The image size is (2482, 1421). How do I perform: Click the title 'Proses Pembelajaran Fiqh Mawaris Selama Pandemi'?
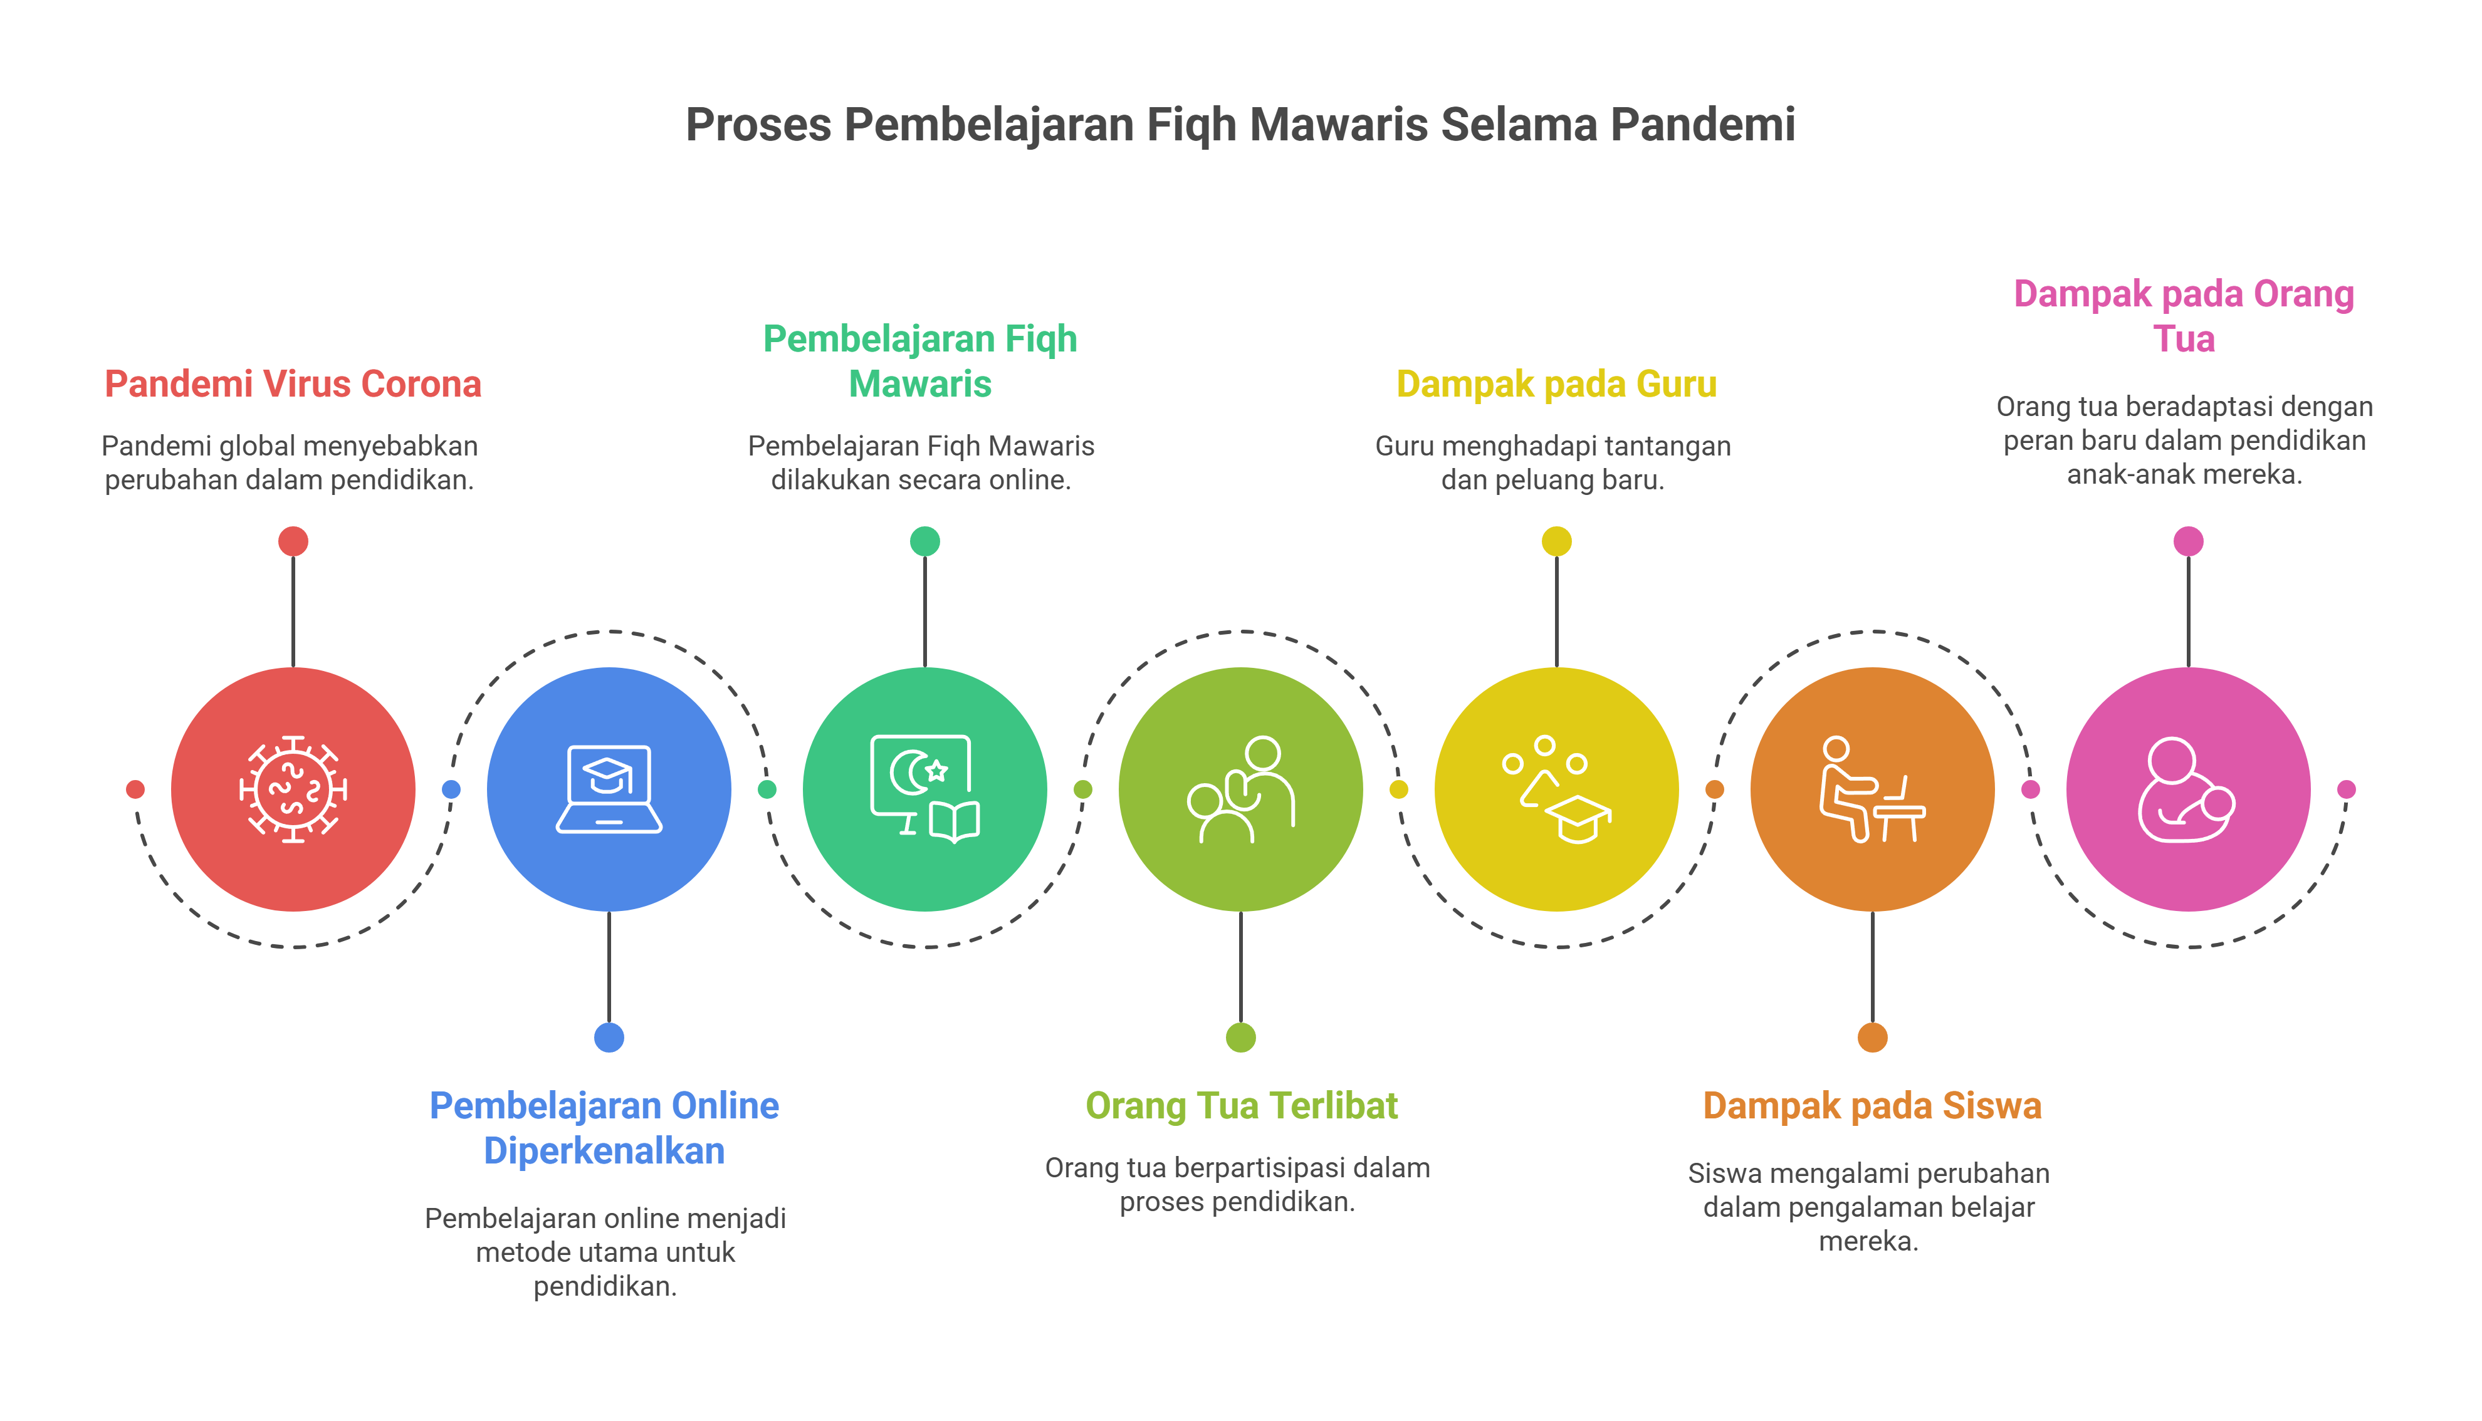tap(1240, 125)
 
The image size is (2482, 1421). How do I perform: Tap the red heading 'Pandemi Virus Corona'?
tap(293, 383)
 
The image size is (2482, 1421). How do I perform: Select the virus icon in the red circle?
tap(293, 789)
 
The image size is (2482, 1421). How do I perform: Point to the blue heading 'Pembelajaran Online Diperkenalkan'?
tap(604, 1128)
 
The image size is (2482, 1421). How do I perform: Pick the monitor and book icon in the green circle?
tap(924, 789)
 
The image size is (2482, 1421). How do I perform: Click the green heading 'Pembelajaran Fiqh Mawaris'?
tap(920, 361)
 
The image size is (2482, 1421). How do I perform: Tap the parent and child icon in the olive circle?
tap(1240, 789)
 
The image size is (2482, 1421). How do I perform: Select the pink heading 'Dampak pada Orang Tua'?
tap(2184, 316)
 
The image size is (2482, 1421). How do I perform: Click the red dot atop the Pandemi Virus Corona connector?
tap(293, 541)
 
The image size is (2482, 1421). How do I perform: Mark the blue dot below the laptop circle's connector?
tap(609, 1038)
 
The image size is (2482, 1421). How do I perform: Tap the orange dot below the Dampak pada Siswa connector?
tap(1872, 1038)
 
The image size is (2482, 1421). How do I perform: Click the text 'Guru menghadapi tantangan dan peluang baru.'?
tap(1553, 462)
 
